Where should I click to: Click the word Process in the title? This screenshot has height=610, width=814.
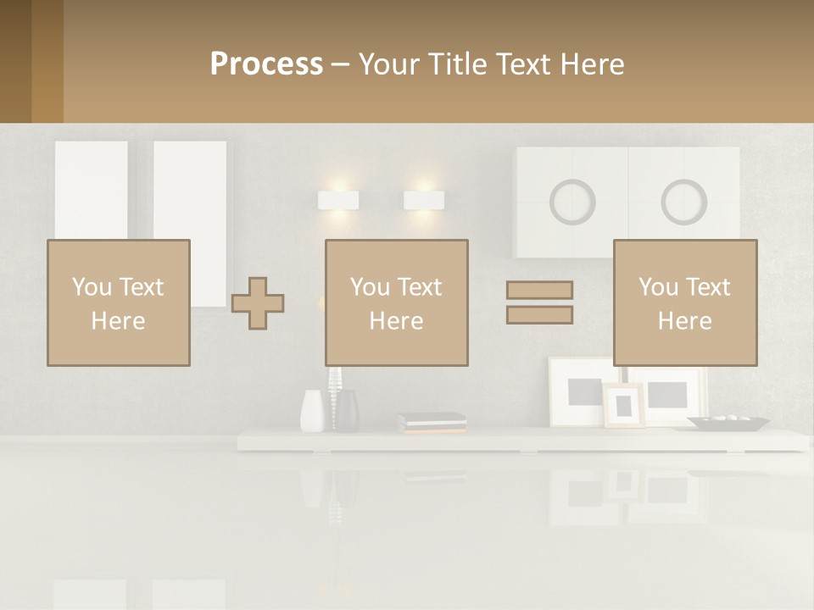[x=266, y=64]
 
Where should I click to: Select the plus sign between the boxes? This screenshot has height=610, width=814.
[x=258, y=302]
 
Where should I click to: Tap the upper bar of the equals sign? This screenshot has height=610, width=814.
[x=539, y=290]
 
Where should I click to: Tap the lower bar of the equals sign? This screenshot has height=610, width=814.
[x=539, y=315]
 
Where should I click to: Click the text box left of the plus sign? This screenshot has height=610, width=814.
[x=119, y=302]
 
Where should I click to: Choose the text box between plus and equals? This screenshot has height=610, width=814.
[x=397, y=302]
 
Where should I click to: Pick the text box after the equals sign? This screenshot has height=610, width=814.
[x=685, y=302]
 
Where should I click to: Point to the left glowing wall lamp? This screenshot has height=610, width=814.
[x=338, y=201]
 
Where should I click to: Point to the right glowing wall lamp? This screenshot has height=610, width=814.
[x=424, y=201]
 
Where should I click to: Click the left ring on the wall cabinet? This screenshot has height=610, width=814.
[x=572, y=202]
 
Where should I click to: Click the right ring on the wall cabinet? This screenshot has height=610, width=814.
[x=684, y=202]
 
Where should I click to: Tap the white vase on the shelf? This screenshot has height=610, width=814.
[x=312, y=411]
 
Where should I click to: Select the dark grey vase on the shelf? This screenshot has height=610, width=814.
[x=346, y=411]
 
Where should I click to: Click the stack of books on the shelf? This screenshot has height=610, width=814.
[x=432, y=423]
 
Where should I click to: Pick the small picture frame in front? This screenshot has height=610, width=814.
[x=623, y=406]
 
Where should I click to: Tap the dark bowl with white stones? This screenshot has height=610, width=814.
[x=728, y=421]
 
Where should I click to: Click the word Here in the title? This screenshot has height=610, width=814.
[x=593, y=64]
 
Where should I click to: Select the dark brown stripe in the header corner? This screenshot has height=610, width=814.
[x=15, y=61]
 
